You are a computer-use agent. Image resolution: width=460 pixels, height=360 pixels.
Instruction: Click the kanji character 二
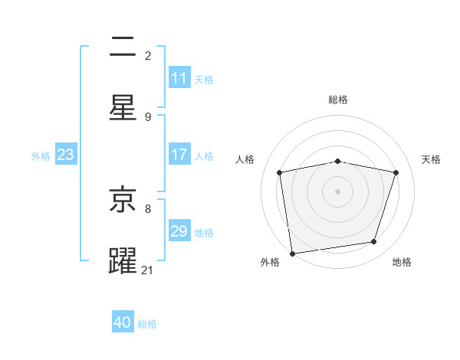coord(123,48)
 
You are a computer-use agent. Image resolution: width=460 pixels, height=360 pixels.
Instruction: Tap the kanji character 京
coord(123,200)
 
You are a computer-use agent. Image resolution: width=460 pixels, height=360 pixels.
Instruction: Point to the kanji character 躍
coord(123,261)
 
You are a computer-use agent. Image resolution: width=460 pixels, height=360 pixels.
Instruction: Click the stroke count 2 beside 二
coord(148,55)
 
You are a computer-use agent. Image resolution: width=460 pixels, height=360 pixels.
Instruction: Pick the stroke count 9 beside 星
coord(148,116)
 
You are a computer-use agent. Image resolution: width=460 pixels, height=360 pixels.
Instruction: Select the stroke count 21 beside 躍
coord(148,270)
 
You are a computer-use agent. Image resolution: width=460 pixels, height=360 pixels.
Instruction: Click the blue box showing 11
coord(179,78)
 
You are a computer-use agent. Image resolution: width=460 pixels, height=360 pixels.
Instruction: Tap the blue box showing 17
coord(179,155)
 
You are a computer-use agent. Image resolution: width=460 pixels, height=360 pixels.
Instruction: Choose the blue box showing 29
coord(179,231)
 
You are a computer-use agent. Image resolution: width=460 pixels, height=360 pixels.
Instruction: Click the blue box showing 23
coord(65,155)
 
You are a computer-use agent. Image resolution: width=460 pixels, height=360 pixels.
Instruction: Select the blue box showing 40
coord(123,322)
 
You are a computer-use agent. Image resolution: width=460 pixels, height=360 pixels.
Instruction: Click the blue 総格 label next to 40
coord(147,324)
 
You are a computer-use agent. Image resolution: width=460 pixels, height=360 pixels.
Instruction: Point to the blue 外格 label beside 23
coord(41,156)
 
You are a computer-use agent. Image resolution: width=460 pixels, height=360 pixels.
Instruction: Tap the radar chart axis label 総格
coord(338,100)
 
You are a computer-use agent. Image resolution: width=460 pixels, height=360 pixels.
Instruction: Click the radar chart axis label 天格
coord(432,159)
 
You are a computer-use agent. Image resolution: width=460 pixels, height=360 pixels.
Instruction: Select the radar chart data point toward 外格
coord(292,253)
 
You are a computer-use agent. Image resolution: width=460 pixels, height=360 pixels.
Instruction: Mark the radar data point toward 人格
coord(280,173)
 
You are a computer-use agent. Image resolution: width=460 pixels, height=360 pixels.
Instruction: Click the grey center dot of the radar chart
coord(338,191)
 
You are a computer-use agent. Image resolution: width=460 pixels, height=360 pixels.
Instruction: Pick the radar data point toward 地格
coord(374,242)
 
